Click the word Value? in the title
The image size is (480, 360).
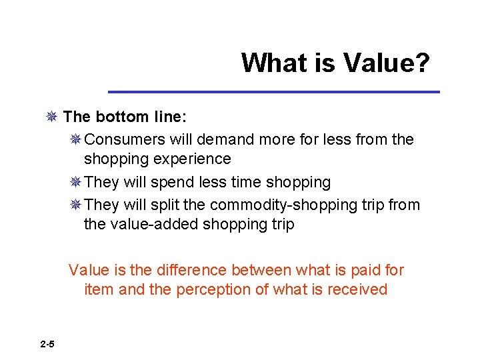[x=387, y=63]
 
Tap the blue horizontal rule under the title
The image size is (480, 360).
[x=274, y=91]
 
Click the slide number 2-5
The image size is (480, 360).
[x=47, y=344]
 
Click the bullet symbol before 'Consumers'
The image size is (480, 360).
[x=75, y=140]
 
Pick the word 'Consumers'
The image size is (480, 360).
[x=125, y=140]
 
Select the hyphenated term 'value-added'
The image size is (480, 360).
[x=141, y=225]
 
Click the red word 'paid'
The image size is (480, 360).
[x=367, y=270]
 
